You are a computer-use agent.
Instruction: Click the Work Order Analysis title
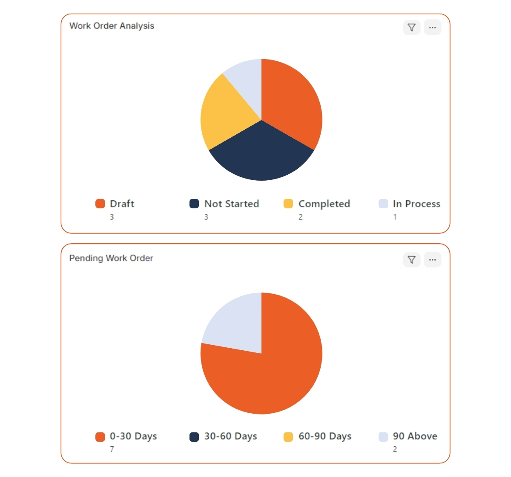pos(112,26)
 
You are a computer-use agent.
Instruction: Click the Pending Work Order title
pos(111,258)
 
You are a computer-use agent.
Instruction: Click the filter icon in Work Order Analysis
pos(411,28)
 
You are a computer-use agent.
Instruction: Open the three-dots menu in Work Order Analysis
pos(432,28)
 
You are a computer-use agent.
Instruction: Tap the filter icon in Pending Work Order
pos(411,260)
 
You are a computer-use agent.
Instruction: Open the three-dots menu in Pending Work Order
pos(432,260)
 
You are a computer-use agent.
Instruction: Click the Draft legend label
pos(122,204)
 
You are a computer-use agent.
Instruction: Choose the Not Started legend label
pos(231,204)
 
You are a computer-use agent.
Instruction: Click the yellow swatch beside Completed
pos(288,204)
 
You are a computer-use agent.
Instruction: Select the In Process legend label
pos(416,204)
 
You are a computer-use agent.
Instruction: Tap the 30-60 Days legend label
pos(230,436)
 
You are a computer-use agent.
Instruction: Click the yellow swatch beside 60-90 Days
pos(288,437)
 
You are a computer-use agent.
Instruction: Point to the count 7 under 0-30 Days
pos(112,449)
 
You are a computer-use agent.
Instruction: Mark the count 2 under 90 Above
pos(395,449)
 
